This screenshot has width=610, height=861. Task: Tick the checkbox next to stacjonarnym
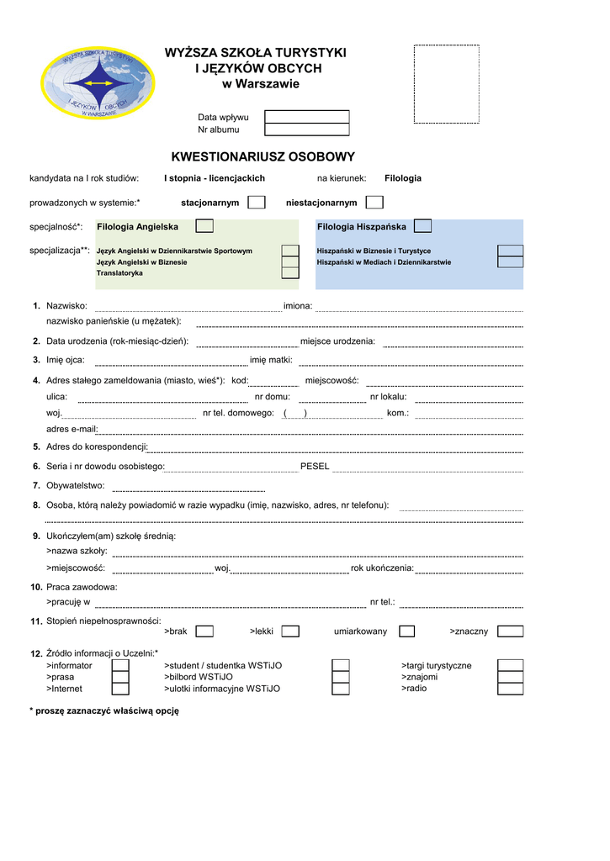click(257, 203)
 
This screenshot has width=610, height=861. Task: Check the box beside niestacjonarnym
click(374, 203)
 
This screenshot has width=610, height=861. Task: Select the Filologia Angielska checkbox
click(204, 226)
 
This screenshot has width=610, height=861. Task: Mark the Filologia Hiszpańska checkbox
click(423, 226)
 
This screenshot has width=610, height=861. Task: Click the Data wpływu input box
click(306, 117)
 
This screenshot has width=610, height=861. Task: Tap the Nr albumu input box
click(306, 129)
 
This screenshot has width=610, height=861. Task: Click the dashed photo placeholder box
click(446, 84)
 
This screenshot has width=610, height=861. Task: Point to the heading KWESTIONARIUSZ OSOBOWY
click(263, 157)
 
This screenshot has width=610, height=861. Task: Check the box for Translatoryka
click(289, 272)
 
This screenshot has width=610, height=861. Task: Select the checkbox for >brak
click(204, 631)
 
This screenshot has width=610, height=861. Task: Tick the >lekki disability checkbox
click(290, 631)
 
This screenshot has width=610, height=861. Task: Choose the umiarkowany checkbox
click(406, 631)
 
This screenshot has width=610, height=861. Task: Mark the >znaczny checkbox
click(510, 631)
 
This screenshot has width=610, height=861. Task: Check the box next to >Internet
click(120, 689)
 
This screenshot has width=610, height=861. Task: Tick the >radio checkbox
click(510, 689)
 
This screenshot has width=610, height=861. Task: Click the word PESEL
click(315, 467)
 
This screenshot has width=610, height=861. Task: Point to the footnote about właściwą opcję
click(104, 710)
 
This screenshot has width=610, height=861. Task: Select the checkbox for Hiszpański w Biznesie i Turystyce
click(510, 251)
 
